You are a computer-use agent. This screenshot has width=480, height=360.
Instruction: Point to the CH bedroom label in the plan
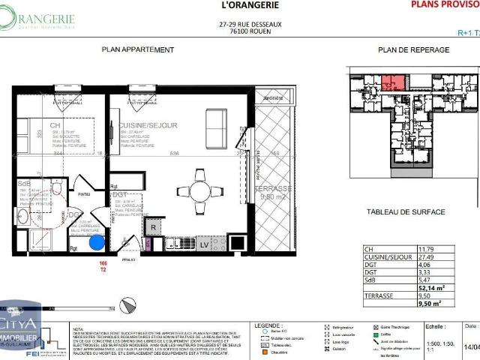click(x=55, y=125)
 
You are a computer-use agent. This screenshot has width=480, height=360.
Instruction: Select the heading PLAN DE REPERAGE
click(x=413, y=49)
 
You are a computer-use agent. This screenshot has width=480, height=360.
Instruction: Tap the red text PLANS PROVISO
click(x=444, y=4)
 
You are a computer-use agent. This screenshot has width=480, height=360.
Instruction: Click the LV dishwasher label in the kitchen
click(x=204, y=244)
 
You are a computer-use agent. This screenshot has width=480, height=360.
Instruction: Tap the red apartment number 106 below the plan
click(x=103, y=263)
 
